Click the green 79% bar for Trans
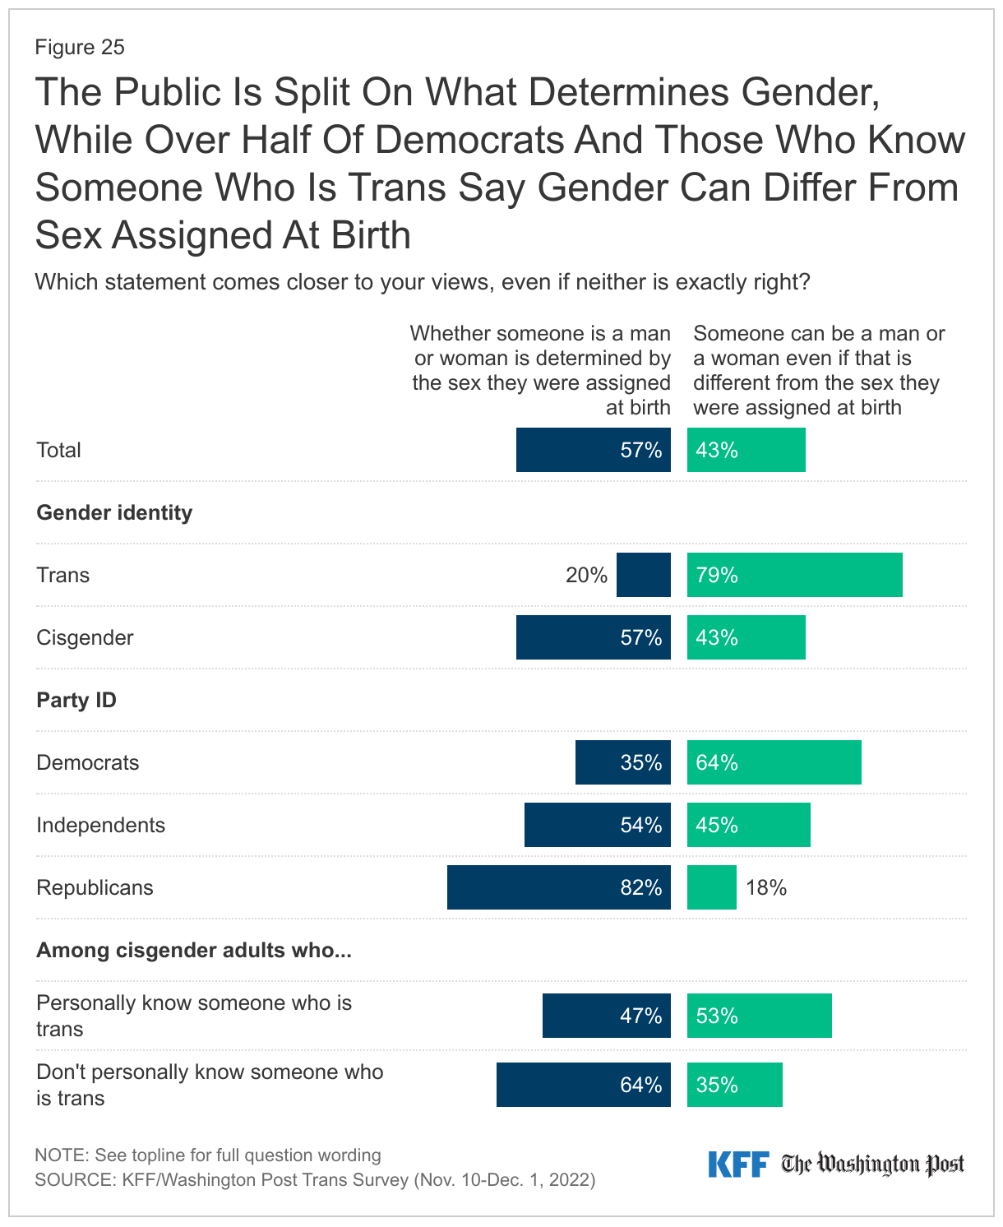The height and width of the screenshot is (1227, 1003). point(794,575)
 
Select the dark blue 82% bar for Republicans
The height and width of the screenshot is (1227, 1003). point(558,887)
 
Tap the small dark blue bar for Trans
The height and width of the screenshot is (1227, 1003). point(643,575)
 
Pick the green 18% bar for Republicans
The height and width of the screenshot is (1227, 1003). point(711,887)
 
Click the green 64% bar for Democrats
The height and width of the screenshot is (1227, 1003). point(774,762)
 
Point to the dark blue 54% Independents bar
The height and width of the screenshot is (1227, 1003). point(597,825)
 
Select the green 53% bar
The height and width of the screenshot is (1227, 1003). point(759,1016)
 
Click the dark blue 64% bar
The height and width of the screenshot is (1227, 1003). point(583,1085)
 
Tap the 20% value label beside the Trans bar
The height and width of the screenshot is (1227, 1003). point(586,575)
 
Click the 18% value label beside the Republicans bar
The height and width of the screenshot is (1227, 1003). point(765,887)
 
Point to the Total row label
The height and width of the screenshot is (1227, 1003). point(58,450)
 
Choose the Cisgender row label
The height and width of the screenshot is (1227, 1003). point(85,637)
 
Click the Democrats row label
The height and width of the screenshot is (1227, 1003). point(87,762)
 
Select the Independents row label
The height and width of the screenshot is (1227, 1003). point(100,825)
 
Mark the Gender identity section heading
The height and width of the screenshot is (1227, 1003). point(114,512)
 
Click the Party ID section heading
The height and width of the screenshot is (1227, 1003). point(76,700)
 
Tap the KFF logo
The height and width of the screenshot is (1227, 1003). point(737,1164)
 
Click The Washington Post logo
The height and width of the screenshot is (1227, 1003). point(872,1164)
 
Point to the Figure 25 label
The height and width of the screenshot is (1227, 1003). point(80,47)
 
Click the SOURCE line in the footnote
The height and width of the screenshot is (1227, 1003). point(315,1179)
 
